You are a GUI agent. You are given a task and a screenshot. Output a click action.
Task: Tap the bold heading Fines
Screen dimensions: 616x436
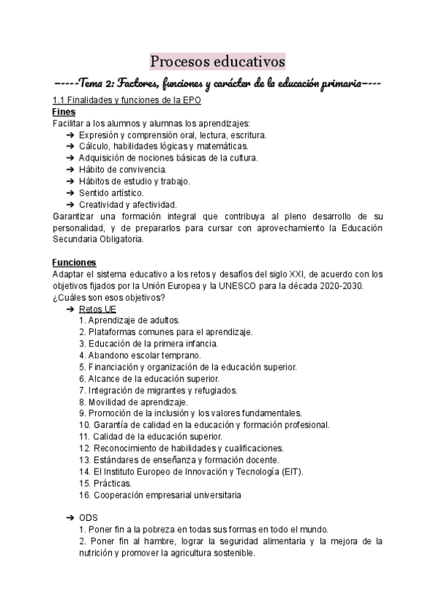[x=64, y=113]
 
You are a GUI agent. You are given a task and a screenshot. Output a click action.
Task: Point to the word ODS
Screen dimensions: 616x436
[x=88, y=517]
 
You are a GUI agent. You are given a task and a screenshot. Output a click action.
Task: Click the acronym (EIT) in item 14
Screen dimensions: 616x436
[x=291, y=471]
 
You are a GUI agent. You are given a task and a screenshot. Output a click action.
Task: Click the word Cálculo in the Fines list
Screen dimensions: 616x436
[x=94, y=147]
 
